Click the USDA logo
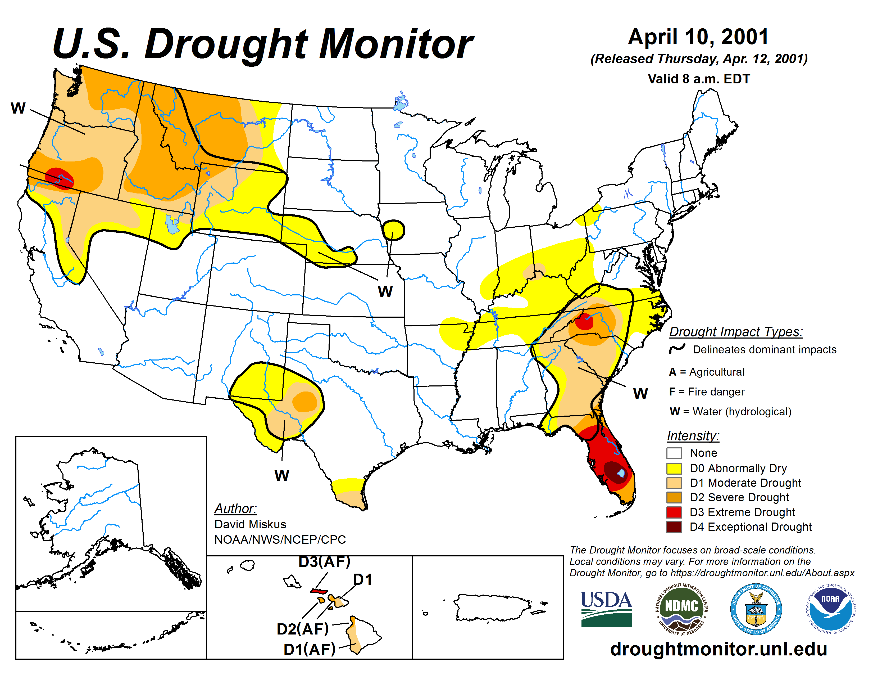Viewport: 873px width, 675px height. click(x=606, y=609)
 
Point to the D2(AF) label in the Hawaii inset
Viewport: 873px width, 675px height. click(x=303, y=629)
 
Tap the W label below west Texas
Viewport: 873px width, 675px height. click(x=281, y=475)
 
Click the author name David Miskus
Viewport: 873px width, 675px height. click(x=250, y=524)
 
